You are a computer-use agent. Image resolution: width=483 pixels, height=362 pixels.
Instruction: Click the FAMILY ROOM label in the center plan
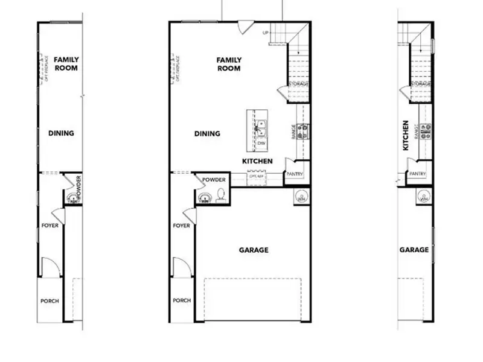tap(229, 64)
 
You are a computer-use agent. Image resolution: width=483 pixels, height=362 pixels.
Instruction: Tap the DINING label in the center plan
tap(207, 134)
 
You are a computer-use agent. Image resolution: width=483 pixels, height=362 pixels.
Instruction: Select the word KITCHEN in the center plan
tap(257, 162)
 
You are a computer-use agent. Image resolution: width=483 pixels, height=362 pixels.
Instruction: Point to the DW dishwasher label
tap(261, 144)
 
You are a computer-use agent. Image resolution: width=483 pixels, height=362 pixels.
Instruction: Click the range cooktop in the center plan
tap(303, 132)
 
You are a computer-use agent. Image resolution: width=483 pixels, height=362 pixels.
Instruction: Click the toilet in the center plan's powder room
tap(221, 195)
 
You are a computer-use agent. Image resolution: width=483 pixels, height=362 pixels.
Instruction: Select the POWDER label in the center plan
tap(214, 180)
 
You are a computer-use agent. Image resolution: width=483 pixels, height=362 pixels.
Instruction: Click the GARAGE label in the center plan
tap(254, 250)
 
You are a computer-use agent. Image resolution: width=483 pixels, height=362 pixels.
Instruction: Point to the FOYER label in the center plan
tap(181, 226)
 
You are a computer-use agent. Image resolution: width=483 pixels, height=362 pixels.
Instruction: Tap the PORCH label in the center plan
tap(182, 300)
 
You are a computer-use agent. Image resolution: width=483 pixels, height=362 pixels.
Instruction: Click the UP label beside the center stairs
tap(265, 33)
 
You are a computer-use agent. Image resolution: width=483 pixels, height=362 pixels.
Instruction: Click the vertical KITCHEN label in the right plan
tap(406, 135)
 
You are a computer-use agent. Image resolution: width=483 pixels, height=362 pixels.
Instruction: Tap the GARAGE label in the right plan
tap(414, 250)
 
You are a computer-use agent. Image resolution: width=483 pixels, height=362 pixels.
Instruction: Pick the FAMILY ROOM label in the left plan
tap(66, 64)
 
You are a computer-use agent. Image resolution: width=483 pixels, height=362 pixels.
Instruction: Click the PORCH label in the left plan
tap(50, 301)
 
